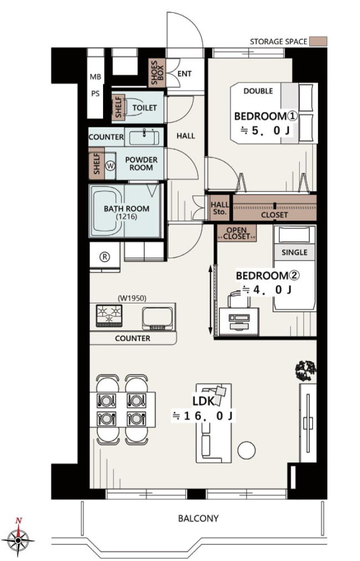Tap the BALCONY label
coord(198,518)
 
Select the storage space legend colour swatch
coord(318,41)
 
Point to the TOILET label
coord(145,107)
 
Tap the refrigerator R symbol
coord(105,256)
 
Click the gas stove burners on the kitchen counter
coord(109,316)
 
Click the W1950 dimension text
coord(132,298)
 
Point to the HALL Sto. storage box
coord(220,208)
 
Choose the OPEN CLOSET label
coord(236,233)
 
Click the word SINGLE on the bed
coord(294,253)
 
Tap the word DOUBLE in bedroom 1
coord(258,91)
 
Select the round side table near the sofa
coord(246,450)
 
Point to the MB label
coord(95,77)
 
